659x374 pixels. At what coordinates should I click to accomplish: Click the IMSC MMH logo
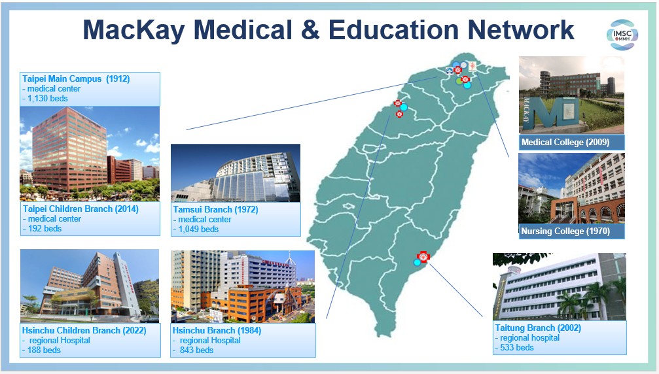622,35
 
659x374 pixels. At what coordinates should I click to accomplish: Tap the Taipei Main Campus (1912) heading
76,78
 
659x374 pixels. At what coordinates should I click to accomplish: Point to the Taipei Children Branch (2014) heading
80,209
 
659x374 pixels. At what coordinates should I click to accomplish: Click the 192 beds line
45,228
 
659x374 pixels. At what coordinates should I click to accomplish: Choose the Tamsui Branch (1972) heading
215,209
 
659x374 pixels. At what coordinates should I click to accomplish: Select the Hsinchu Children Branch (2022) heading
84,330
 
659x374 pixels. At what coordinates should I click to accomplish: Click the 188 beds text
44,350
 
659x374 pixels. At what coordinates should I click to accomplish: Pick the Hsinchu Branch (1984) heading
217,330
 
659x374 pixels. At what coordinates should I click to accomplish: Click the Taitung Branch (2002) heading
538,328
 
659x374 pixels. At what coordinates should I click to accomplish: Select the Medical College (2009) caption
565,143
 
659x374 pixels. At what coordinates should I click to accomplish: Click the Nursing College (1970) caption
565,231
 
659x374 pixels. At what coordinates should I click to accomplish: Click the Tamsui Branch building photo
236,173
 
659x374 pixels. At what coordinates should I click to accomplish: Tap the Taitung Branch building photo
560,286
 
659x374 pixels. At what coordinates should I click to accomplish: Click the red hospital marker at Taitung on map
423,256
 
